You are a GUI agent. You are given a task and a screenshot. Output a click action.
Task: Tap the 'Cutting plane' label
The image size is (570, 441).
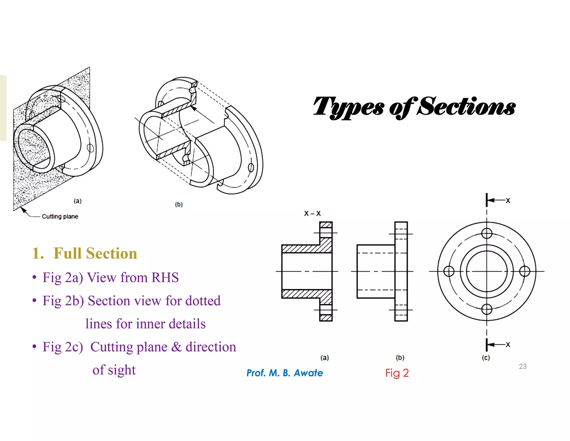point(60,217)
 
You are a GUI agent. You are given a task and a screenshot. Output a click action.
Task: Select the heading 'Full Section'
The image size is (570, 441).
point(95,253)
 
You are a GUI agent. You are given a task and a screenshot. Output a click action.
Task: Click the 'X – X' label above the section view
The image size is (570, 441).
point(312,214)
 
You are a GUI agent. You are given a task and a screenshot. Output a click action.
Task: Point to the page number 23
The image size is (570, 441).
point(522,366)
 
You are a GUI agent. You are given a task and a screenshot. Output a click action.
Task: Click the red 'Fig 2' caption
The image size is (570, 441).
point(397,373)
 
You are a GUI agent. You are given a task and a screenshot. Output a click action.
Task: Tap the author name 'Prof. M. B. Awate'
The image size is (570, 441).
point(285,373)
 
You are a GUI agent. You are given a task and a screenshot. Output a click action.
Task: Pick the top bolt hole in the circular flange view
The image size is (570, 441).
point(487,233)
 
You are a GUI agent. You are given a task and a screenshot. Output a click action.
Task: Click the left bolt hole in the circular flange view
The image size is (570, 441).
point(449,271)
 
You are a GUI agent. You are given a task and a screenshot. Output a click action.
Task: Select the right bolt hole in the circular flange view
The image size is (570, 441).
point(525,271)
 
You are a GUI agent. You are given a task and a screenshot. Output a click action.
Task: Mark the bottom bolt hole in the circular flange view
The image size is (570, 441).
point(487,309)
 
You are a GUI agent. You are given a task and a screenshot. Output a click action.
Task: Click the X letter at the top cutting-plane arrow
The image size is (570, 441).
point(508,201)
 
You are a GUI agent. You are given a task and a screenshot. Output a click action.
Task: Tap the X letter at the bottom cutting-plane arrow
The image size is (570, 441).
point(508,345)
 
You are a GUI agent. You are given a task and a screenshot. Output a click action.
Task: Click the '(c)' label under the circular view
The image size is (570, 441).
point(486,358)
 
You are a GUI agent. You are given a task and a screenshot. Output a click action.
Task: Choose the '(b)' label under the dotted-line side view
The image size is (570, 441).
point(400,358)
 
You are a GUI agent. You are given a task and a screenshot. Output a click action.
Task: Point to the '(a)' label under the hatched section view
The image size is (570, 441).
point(325,358)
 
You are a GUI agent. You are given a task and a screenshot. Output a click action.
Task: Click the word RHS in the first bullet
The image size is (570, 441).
point(165,278)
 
